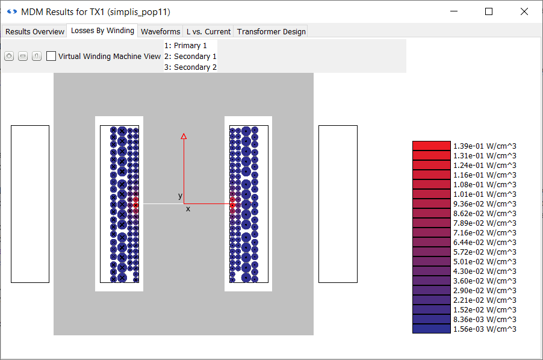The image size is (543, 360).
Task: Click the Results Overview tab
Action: pos(35,31)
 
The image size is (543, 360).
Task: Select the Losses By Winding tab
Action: pos(102,31)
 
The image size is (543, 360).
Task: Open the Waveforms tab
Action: pos(160,31)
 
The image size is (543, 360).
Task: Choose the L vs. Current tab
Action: pos(208,31)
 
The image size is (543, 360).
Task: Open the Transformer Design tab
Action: pos(271,31)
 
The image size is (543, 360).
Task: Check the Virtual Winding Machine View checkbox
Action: pos(51,56)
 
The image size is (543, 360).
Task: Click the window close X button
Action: pos(524,11)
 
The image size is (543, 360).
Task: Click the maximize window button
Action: pos(489,11)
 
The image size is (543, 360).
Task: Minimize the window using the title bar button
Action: pos(454,11)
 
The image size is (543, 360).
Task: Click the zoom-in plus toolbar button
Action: pos(9,56)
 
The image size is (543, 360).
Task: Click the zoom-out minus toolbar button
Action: pos(23,56)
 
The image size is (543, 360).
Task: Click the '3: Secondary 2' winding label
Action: pos(190,67)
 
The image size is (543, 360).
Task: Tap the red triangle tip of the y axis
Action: pos(184,137)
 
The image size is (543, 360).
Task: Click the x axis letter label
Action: pos(188,209)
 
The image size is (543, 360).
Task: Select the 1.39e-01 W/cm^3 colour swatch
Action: pos(431,146)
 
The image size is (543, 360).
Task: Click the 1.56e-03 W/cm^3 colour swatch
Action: pos(431,329)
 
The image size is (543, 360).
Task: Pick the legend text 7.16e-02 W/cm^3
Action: pos(485,232)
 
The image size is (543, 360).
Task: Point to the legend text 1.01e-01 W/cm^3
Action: pos(485,194)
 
